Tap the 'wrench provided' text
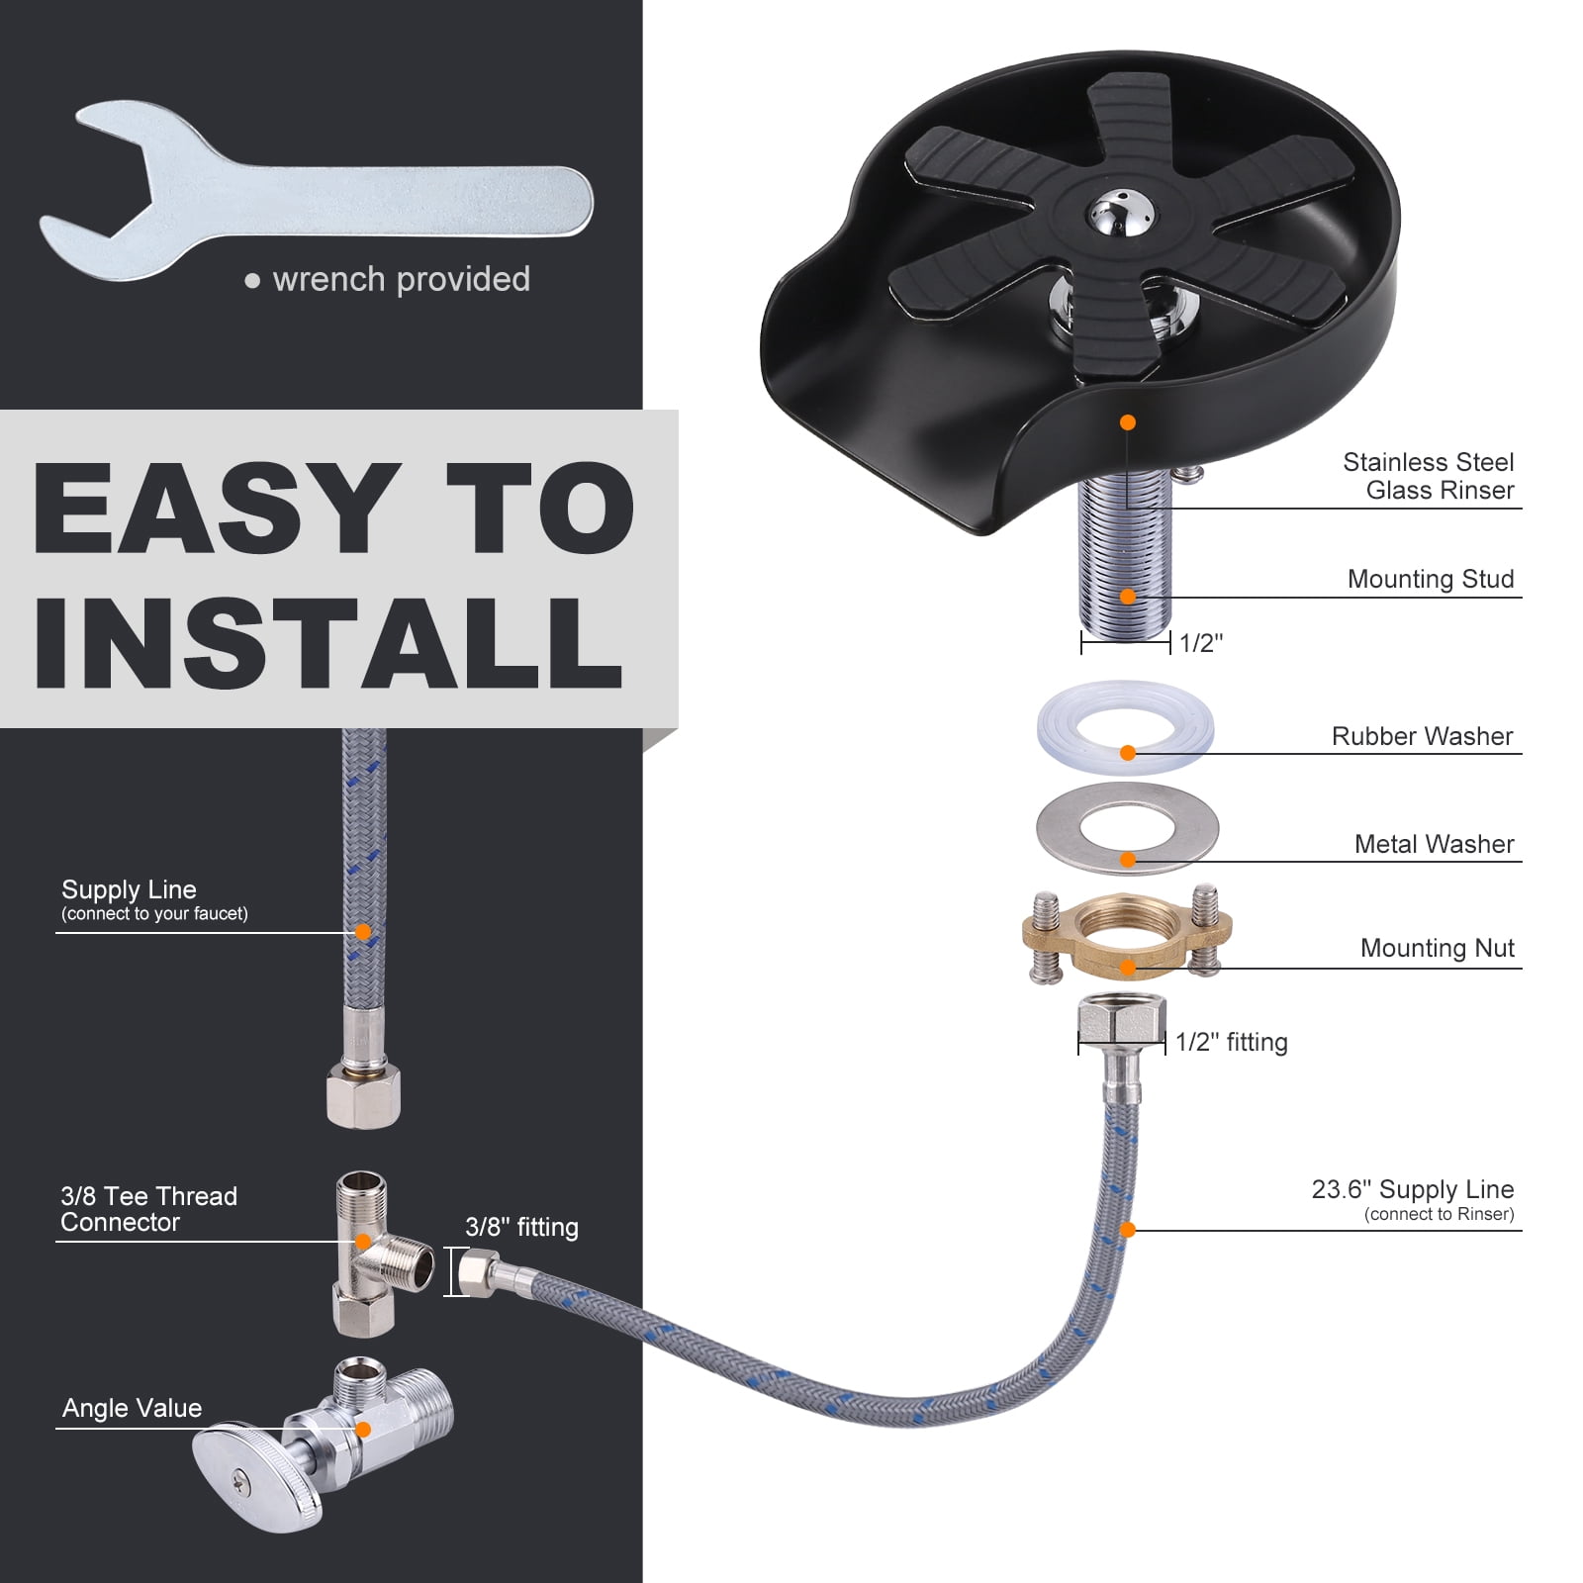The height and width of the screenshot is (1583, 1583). pyautogui.click(x=401, y=279)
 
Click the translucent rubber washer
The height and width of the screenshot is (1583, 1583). pyautogui.click(x=1126, y=728)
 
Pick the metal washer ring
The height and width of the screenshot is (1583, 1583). pyautogui.click(x=1127, y=829)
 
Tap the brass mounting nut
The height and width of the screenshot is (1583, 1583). pyautogui.click(x=1127, y=936)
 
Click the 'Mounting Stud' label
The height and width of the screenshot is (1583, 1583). pyautogui.click(x=1431, y=579)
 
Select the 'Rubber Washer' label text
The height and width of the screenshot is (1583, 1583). pyautogui.click(x=1422, y=736)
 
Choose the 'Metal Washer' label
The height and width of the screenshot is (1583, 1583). pyautogui.click(x=1434, y=844)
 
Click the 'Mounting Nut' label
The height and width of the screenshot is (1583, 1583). pyautogui.click(x=1437, y=948)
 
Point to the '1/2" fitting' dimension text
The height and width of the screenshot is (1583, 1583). pyautogui.click(x=1232, y=1042)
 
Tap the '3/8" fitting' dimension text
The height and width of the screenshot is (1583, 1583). pyautogui.click(x=521, y=1227)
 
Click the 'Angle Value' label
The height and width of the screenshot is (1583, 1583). pyautogui.click(x=132, y=1408)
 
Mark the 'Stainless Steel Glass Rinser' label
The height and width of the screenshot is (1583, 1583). pyautogui.click(x=1428, y=476)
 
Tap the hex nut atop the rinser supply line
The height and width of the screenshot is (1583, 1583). pyautogui.click(x=1122, y=1019)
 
